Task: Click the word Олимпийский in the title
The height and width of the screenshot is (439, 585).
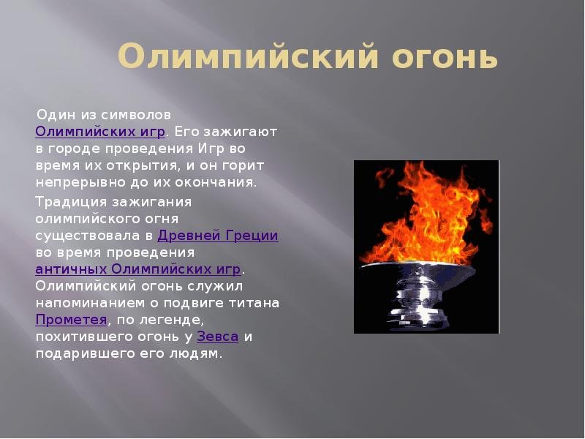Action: [x=248, y=57]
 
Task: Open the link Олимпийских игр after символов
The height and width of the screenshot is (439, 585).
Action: [x=100, y=132]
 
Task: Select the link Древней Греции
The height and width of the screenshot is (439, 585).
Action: [x=218, y=236]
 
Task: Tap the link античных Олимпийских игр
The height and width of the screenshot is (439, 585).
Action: [x=138, y=269]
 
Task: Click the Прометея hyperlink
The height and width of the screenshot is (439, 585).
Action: [x=71, y=320]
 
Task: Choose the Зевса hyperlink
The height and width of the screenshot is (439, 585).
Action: [x=217, y=337]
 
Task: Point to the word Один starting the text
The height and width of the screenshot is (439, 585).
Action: [x=56, y=115]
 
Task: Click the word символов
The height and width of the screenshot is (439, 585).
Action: [x=136, y=115]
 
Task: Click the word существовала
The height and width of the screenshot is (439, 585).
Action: [x=88, y=236]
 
